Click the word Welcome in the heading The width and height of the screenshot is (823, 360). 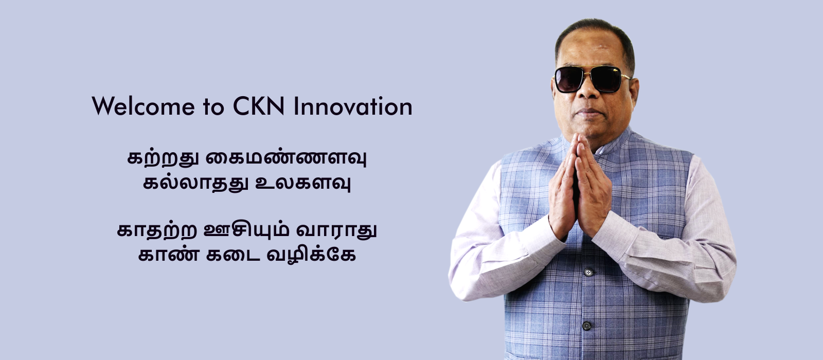pos(144,106)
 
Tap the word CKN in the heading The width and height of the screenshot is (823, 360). pos(259,106)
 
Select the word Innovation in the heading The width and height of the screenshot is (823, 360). pos(353,106)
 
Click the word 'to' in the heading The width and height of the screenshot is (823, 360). pos(213,107)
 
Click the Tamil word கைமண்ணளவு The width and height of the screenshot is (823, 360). pos(286,158)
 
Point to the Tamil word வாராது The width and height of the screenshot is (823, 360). pos(336,231)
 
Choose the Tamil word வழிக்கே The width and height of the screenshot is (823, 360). pos(311,254)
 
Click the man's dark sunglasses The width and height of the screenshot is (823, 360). pos(592,79)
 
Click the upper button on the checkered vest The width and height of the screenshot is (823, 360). pos(588,272)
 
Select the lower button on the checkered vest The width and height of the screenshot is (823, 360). pos(586,326)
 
